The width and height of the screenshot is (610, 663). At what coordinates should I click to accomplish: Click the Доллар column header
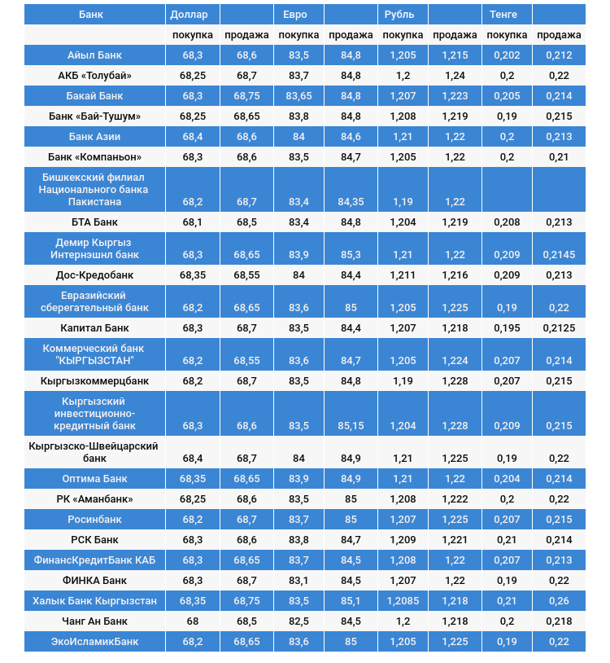[x=190, y=15]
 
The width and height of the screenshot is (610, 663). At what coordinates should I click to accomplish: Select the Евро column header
[x=295, y=15]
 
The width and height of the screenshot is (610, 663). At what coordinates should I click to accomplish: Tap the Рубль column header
[x=399, y=15]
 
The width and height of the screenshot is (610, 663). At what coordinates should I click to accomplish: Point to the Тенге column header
[x=504, y=15]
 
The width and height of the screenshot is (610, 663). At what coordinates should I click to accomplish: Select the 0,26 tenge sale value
[x=559, y=601]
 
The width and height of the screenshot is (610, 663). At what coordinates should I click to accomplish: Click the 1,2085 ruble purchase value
[x=403, y=601]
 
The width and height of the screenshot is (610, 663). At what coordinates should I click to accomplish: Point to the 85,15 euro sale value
[x=351, y=426]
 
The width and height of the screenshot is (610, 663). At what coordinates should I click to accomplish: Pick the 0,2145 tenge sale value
[x=559, y=255]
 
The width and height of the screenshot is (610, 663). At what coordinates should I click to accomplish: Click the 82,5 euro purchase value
[x=298, y=621]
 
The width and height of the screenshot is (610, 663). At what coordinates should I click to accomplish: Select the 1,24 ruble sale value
[x=455, y=76]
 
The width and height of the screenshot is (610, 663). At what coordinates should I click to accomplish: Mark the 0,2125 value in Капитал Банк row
[x=559, y=328]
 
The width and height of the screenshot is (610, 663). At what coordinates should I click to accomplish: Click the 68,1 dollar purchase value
[x=193, y=222]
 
